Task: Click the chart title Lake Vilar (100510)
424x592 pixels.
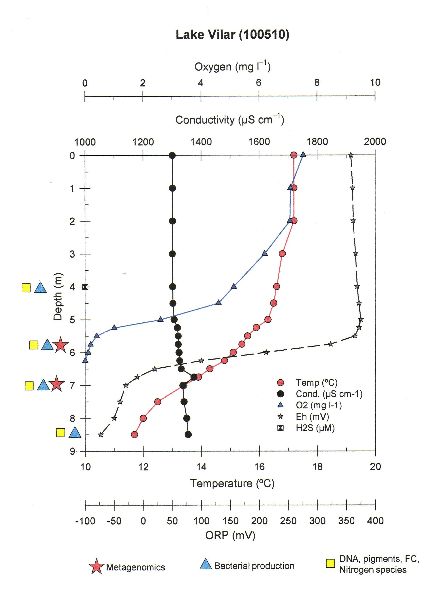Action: coord(232,35)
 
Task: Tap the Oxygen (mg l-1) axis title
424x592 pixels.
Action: coord(232,67)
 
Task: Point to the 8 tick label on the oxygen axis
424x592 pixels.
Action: coord(316,83)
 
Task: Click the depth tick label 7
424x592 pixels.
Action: coord(72,386)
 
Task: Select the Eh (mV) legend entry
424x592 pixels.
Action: coord(312,417)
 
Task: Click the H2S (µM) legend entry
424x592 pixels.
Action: coord(315,428)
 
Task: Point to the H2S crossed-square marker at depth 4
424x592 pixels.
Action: coord(85,287)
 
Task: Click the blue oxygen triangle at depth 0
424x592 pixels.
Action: coord(303,155)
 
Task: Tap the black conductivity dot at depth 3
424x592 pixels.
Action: coord(172,254)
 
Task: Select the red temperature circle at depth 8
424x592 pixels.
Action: coord(143,418)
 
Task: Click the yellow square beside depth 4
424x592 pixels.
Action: coord(26,288)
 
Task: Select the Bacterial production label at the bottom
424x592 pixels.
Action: coord(254,566)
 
